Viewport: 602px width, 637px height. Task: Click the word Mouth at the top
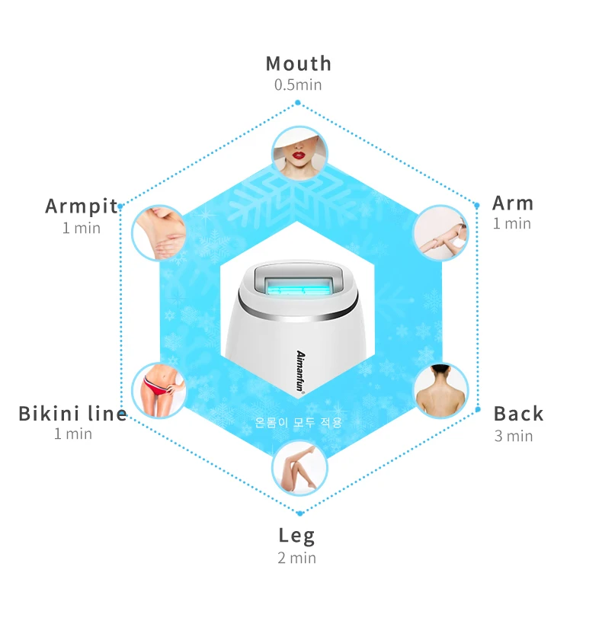coord(298,63)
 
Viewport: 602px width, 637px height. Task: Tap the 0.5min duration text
coord(298,85)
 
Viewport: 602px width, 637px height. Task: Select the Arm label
coord(513,203)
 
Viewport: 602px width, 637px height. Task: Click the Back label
coord(518,414)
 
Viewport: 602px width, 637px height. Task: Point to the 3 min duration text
coord(514,436)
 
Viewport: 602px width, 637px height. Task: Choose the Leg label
coord(296,535)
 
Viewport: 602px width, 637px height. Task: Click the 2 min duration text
coord(296,558)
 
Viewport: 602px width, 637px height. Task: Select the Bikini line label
coord(72,414)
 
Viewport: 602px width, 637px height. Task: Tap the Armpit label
coord(82,206)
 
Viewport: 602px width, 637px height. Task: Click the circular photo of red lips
coord(299,152)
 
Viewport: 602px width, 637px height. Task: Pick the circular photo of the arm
coord(440,232)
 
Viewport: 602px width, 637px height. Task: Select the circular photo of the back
coord(441,389)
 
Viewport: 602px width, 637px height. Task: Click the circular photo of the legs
coord(299,468)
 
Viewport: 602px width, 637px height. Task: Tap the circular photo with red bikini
coord(159,389)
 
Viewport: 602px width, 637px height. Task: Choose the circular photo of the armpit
coord(159,232)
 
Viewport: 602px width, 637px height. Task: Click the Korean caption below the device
coord(299,421)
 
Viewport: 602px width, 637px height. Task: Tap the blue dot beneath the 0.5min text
coord(297,103)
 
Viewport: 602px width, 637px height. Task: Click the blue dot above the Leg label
coord(299,514)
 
